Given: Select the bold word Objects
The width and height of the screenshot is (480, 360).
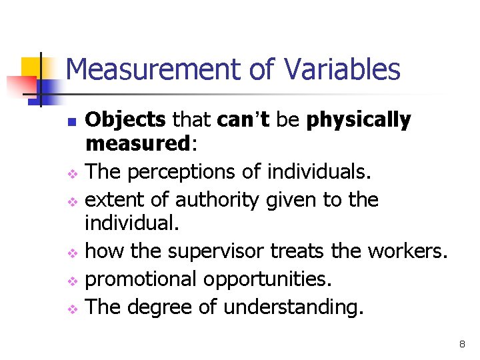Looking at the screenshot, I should (126, 120).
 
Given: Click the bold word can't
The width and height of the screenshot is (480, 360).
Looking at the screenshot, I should (243, 120).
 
